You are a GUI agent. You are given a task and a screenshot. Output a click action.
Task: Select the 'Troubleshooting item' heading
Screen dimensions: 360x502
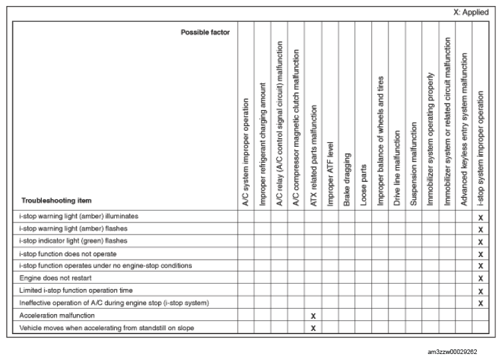click(56, 200)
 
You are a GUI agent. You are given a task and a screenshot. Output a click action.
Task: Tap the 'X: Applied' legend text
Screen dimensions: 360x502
click(471, 13)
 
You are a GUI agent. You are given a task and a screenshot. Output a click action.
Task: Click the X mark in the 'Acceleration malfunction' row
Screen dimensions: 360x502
click(313, 315)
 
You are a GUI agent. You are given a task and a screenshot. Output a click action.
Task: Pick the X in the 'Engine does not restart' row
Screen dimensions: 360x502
click(480, 278)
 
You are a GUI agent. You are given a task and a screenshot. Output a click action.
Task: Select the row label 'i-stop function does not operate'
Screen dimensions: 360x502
click(68, 254)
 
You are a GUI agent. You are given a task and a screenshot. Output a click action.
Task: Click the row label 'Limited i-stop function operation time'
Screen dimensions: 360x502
click(76, 290)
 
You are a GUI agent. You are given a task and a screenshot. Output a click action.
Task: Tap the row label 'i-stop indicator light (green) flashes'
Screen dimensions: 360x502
click(74, 241)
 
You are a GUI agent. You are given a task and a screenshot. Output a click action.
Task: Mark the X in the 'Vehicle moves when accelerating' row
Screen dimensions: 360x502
click(313, 328)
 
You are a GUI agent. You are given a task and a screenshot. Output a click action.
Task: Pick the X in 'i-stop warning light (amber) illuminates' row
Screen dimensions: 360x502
click(480, 217)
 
